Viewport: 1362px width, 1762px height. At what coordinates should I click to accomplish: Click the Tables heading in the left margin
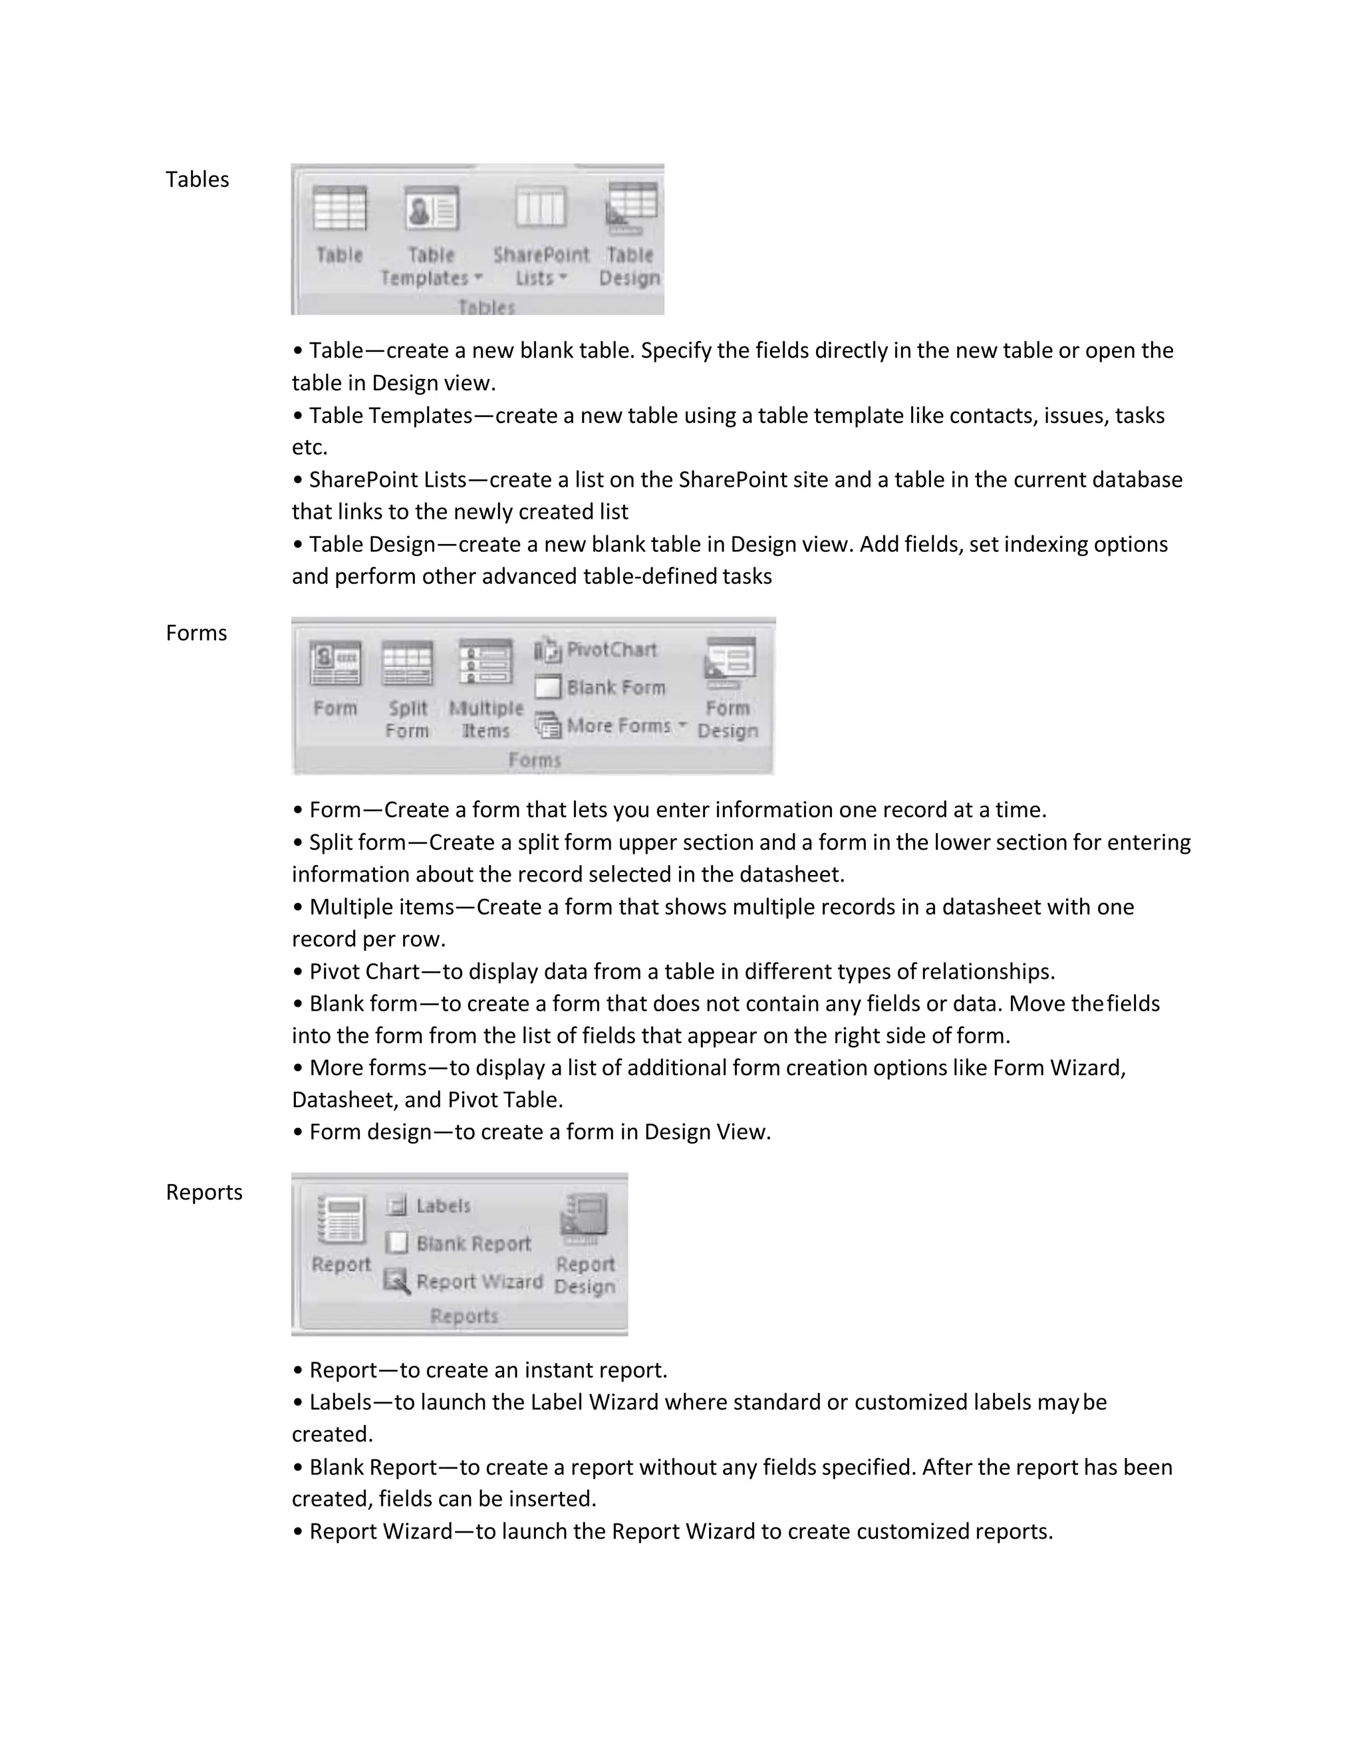point(197,179)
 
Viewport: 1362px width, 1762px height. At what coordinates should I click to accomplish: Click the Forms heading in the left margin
point(196,632)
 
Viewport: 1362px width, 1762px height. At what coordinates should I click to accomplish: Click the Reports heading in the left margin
point(204,1192)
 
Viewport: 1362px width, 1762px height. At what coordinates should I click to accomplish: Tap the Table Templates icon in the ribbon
point(432,209)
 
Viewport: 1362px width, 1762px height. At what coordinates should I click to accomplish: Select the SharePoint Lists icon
point(541,208)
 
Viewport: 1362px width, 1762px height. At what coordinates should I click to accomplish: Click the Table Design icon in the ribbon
point(632,207)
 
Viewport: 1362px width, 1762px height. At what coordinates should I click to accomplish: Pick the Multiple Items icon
point(485,662)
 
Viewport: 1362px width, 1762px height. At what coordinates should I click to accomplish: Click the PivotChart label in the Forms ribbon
point(612,650)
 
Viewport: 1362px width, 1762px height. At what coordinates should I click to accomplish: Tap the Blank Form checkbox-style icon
point(548,688)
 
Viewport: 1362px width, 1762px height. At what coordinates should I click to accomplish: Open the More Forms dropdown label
point(619,725)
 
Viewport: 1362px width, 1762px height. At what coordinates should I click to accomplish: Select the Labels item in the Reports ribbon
point(443,1205)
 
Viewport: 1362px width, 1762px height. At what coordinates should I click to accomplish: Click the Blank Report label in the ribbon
point(474,1243)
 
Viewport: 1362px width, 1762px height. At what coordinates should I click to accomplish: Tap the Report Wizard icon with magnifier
point(396,1281)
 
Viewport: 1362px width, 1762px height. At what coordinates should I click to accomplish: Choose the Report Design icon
point(585,1218)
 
